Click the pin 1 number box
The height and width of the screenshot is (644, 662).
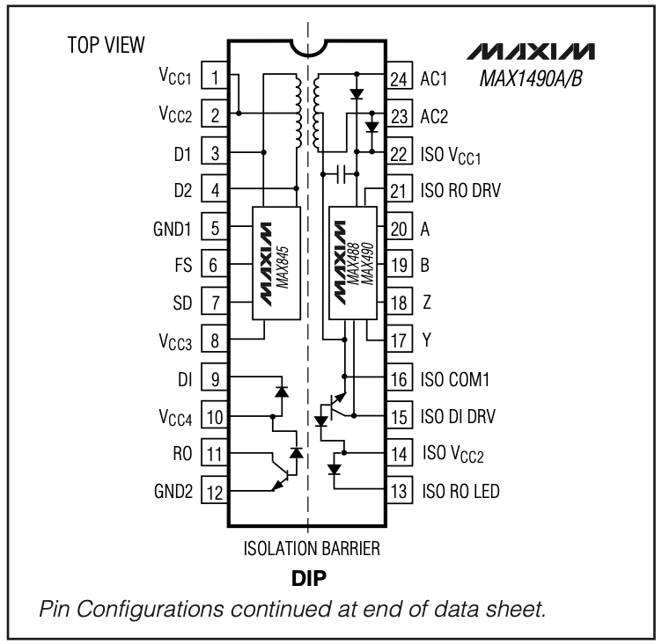coord(215,77)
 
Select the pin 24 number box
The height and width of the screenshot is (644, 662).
coord(398,77)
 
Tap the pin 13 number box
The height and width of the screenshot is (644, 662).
coord(398,490)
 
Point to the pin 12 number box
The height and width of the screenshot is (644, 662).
coord(215,490)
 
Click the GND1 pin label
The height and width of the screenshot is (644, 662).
coord(173,227)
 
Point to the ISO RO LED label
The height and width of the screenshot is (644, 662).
coord(461,490)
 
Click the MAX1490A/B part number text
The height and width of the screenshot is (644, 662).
coord(533,78)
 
